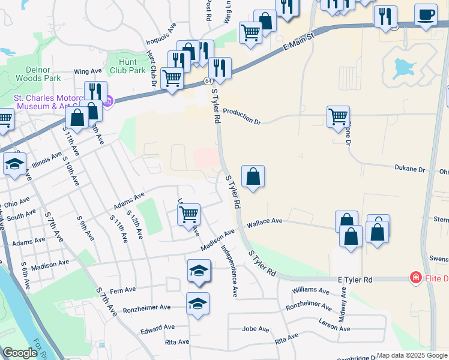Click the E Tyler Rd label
355,280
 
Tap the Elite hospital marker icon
415,278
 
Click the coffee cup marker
426,15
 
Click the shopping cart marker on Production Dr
339,116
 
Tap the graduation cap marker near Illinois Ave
14,163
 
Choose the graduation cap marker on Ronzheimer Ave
197,304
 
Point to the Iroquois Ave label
161,35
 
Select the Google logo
20,353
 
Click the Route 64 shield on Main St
208,80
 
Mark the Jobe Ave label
256,329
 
